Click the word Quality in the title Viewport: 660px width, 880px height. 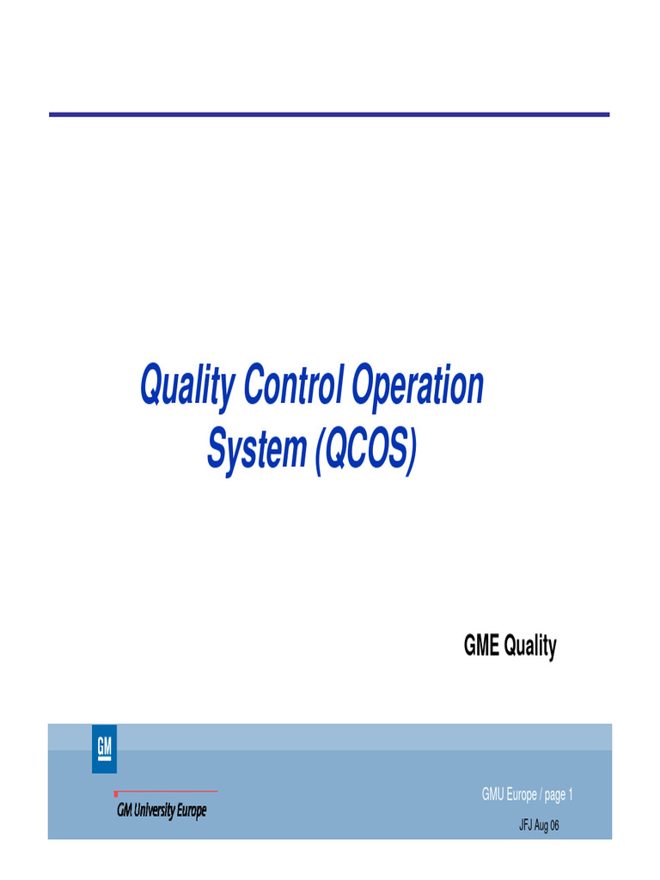coord(187,388)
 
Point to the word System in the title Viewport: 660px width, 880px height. coord(256,450)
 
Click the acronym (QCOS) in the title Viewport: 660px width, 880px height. coord(365,450)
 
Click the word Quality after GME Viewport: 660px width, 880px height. coord(530,647)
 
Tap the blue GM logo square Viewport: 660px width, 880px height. coord(104,749)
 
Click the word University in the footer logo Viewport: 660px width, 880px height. coord(156,810)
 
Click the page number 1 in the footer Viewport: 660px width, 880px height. coord(570,795)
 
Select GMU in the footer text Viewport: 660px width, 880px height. coord(492,795)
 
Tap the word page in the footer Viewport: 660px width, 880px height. coord(555,796)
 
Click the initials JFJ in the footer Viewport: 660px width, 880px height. coord(525,826)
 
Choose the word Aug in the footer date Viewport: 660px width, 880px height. coord(542,827)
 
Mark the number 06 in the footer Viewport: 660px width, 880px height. coord(554,826)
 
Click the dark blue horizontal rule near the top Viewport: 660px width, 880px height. coord(329,114)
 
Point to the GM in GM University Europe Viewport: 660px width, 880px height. coord(125,810)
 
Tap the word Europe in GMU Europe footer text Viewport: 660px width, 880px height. coord(521,796)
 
